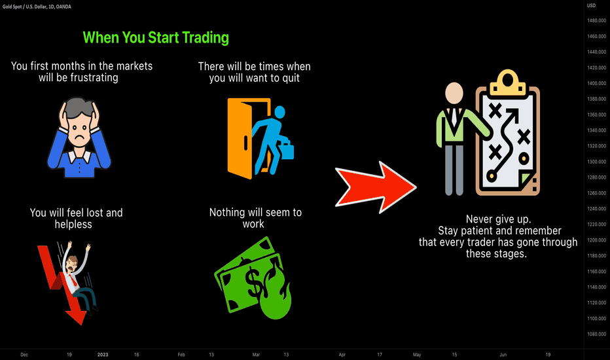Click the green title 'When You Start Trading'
[x=156, y=38]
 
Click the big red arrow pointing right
[x=376, y=187]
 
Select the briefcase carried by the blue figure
[x=287, y=151]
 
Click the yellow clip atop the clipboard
[x=507, y=82]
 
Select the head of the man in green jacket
[x=454, y=94]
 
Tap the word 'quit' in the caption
[x=291, y=79]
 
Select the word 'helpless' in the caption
[x=73, y=224]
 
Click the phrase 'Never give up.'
[x=498, y=219]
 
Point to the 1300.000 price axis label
[x=596, y=162]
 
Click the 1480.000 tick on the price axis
[x=596, y=20]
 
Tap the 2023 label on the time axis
[x=103, y=355]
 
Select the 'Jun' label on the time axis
[x=503, y=355]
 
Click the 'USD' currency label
[x=591, y=5]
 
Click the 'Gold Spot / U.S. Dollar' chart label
[x=25, y=7]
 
